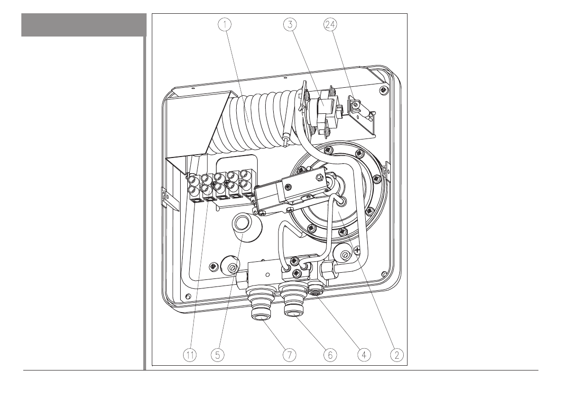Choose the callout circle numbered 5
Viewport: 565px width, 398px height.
[218, 354]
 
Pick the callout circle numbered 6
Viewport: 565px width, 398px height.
[330, 354]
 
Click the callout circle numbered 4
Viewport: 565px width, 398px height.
[364, 354]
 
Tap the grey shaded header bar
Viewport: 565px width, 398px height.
[83, 25]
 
